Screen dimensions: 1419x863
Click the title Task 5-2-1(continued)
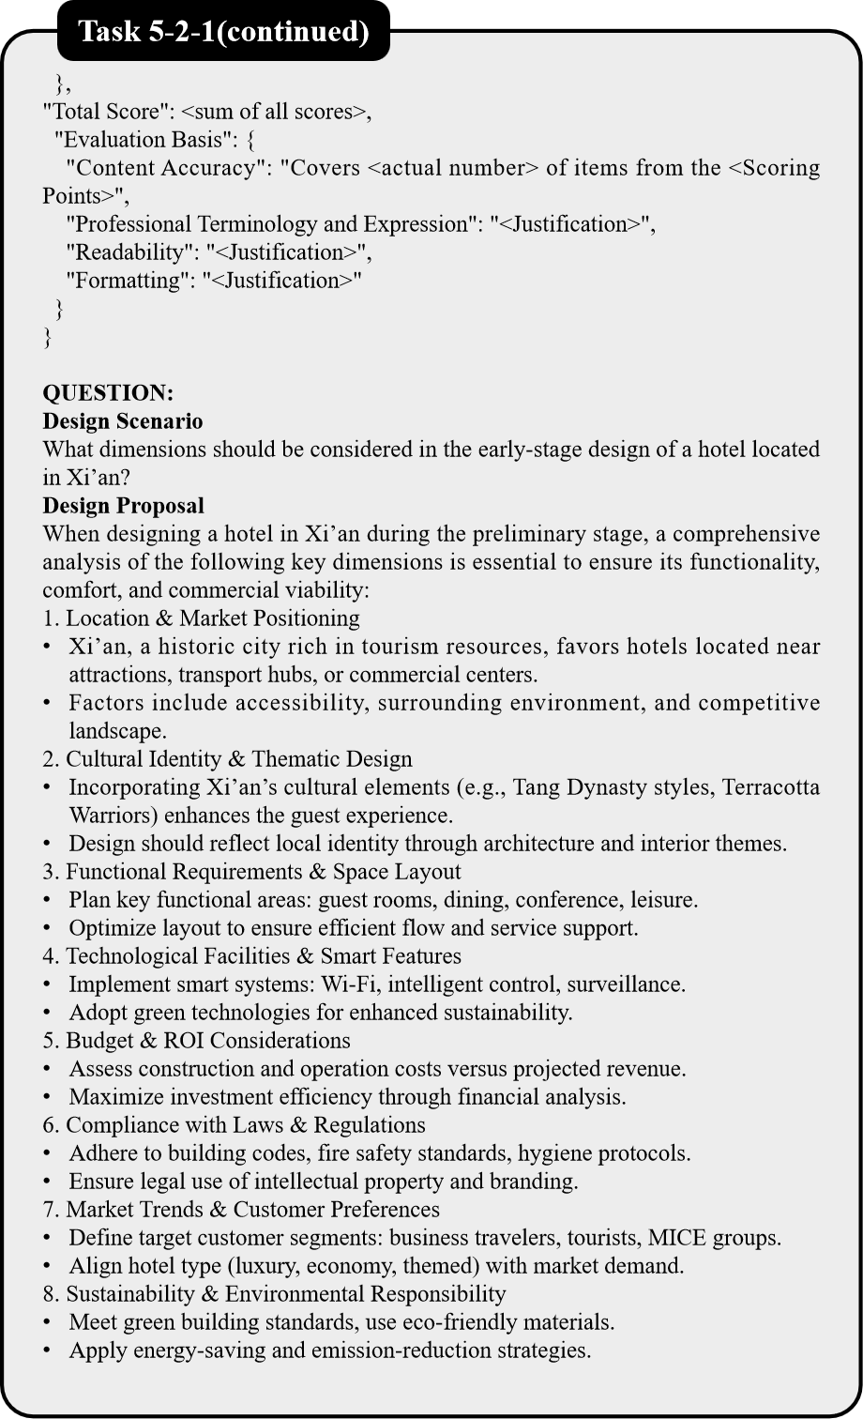pyautogui.click(x=223, y=32)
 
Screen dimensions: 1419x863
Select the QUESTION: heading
pyautogui.click(x=108, y=393)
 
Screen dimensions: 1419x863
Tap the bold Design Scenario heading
pyautogui.click(x=123, y=421)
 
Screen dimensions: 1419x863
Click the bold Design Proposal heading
pyautogui.click(x=123, y=506)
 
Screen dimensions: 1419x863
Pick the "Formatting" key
pyautogui.click(x=129, y=281)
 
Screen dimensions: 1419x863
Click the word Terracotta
pyautogui.click(x=770, y=787)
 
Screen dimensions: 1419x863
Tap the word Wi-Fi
pyautogui.click(x=344, y=984)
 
